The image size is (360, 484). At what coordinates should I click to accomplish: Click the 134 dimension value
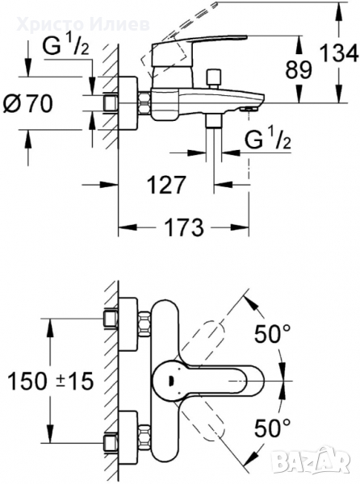coord(339,53)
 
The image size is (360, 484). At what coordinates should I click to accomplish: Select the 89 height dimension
coord(298,69)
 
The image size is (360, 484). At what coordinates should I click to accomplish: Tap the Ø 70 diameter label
coord(27,103)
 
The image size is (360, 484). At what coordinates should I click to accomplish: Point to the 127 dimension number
coord(166,185)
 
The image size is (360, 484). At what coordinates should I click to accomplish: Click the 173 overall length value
coord(184,227)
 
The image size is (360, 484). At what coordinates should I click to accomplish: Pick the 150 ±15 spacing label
coord(50,381)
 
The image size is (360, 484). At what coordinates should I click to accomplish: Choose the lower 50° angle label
coord(272,428)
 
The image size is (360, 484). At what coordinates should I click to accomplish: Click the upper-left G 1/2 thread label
coord(65,47)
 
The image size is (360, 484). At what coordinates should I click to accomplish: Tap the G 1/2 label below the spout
coord(268,140)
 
